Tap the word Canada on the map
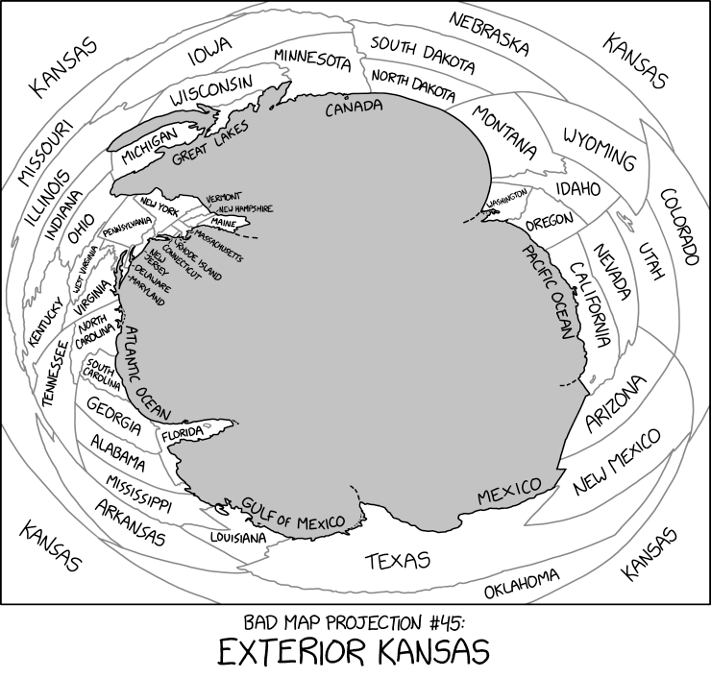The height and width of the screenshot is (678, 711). pos(354,109)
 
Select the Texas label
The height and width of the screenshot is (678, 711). pos(399,560)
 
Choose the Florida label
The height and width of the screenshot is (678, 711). pos(183,434)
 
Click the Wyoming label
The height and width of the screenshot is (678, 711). pos(600,146)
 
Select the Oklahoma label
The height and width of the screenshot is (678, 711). pos(522,582)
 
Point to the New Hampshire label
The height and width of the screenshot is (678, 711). pos(246,208)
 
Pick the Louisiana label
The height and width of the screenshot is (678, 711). pos(237,538)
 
